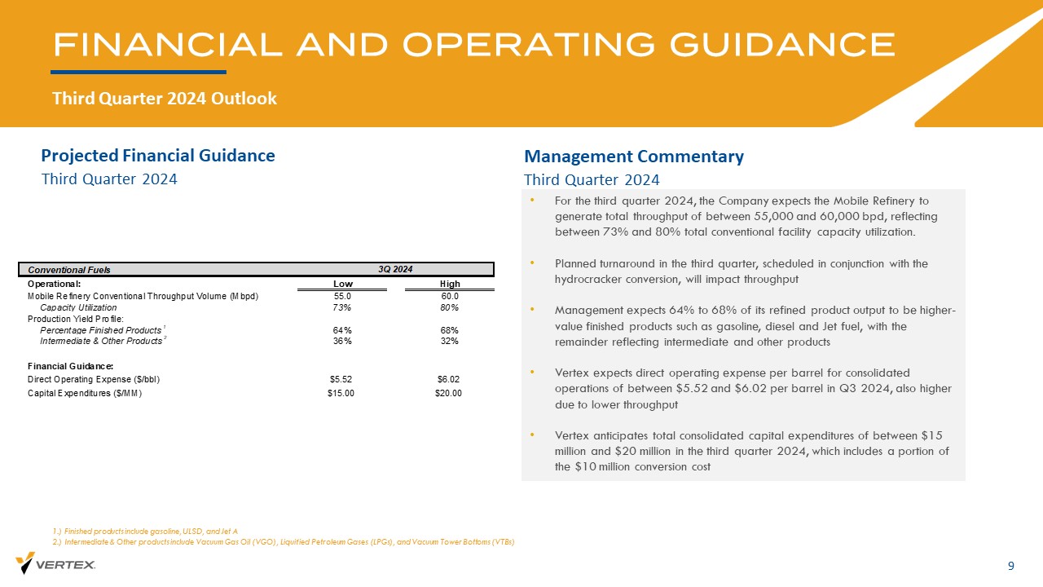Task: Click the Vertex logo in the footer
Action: point(55,563)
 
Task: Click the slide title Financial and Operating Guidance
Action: point(473,45)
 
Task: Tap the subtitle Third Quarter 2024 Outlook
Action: point(165,99)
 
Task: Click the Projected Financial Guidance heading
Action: point(158,155)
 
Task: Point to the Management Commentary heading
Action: point(634,157)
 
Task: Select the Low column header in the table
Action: point(343,284)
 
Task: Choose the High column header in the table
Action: point(449,284)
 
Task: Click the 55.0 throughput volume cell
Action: point(342,296)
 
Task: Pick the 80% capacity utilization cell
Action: point(449,307)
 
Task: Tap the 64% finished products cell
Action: point(342,330)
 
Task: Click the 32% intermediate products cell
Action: point(449,341)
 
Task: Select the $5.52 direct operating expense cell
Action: point(341,379)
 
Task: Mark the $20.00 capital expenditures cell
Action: point(448,393)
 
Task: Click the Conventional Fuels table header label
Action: point(69,270)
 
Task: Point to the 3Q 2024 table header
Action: point(395,269)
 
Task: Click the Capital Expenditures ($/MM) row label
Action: point(85,393)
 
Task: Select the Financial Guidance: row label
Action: point(70,365)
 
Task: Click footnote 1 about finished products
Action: point(144,531)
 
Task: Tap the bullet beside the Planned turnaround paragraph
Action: point(532,263)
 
